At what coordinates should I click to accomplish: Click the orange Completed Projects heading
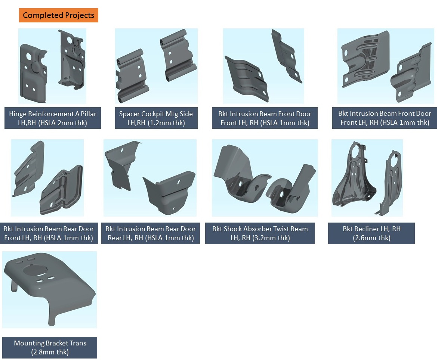(x=58, y=15)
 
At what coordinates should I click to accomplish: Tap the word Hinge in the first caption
(x=18, y=114)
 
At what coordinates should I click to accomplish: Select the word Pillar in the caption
(x=89, y=114)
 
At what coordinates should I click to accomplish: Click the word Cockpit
(x=152, y=114)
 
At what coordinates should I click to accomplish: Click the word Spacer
(x=129, y=114)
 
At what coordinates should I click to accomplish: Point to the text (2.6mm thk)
(x=371, y=238)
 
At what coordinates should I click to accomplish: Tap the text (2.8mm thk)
(x=50, y=352)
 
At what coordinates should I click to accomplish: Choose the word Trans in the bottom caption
(x=77, y=343)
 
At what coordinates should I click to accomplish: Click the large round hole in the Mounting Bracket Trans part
(x=35, y=270)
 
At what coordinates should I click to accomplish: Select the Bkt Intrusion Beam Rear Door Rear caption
(x=151, y=233)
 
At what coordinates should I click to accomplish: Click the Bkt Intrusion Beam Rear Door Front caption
(x=49, y=233)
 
